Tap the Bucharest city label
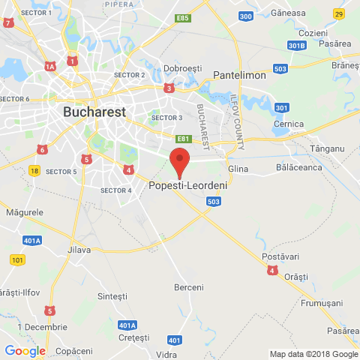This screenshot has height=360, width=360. coord(94,111)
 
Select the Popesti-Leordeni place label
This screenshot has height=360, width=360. coord(188,185)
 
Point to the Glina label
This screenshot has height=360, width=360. coord(237,169)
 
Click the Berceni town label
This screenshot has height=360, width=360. coord(188,287)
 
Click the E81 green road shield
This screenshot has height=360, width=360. coord(183,139)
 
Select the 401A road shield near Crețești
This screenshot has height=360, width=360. coord(127,325)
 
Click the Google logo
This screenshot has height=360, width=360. coord(25,350)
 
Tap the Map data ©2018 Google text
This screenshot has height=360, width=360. coord(314,354)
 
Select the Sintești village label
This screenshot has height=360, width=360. coord(112,296)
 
